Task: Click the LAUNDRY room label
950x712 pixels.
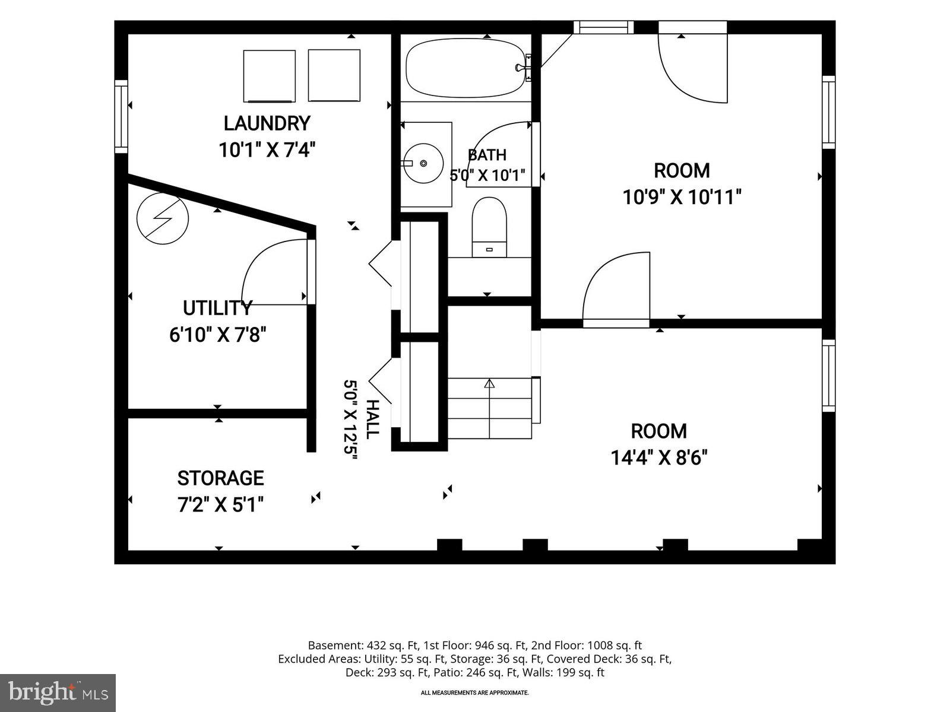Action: (267, 123)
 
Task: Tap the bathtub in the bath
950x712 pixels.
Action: (465, 68)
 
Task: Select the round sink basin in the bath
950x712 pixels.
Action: (424, 163)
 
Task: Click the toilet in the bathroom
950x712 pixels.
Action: (489, 227)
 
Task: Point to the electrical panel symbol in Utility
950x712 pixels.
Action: (163, 218)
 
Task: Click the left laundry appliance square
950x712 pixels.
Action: (269, 76)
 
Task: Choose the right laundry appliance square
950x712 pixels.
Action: (334, 76)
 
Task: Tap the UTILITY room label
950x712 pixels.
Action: (217, 308)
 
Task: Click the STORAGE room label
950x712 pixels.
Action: (220, 478)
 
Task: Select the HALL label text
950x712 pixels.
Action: (373, 419)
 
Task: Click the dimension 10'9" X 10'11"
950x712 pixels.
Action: (682, 197)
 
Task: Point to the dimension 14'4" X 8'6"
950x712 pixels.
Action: (658, 457)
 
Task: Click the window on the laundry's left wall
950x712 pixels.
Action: (121, 116)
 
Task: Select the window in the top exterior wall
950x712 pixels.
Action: (604, 27)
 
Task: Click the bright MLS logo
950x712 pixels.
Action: (58, 692)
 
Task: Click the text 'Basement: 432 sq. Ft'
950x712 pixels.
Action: (363, 646)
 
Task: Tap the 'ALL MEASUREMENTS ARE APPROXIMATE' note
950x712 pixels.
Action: (475, 693)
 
